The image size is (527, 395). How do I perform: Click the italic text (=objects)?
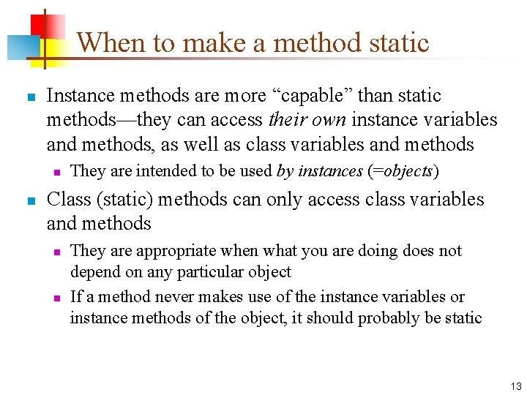click(403, 171)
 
